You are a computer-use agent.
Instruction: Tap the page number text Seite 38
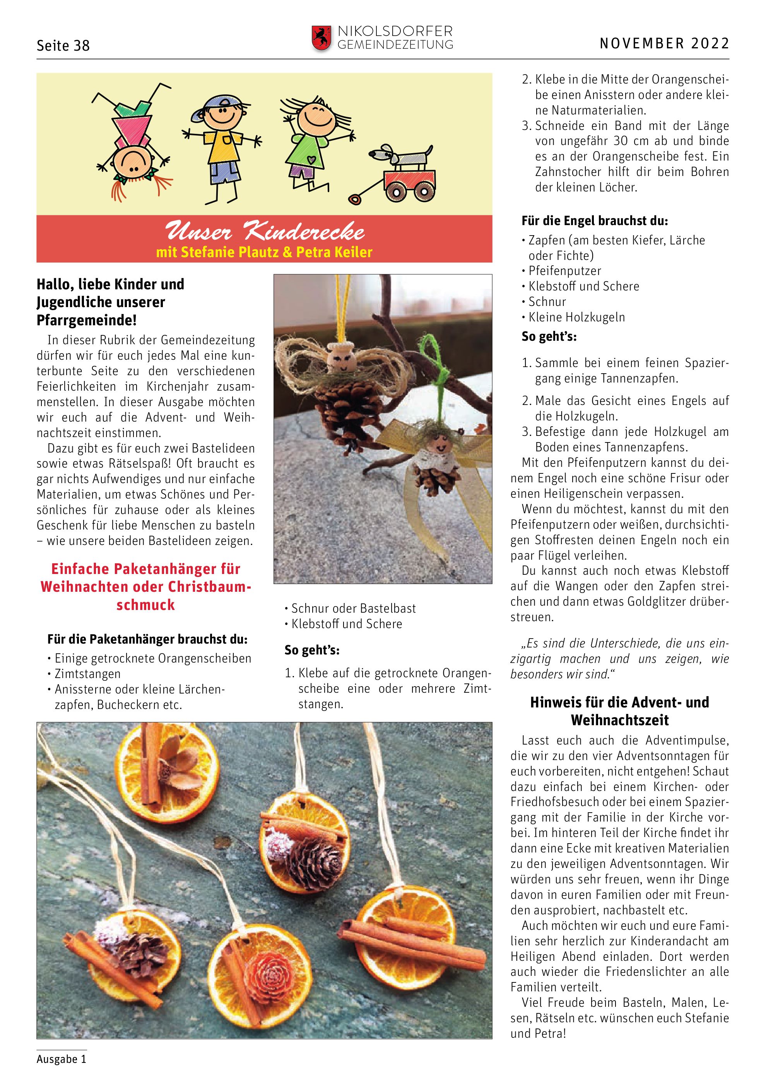[x=63, y=46]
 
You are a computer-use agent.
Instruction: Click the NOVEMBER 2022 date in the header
[x=664, y=44]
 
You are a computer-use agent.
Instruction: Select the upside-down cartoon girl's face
[x=133, y=162]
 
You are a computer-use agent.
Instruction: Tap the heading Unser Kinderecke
[x=264, y=232]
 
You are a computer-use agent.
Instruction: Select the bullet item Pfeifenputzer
[x=564, y=271]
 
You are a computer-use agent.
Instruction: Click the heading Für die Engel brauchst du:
[x=594, y=221]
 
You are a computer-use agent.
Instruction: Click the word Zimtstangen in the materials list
[x=88, y=673]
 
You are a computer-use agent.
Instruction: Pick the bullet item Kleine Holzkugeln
[x=576, y=317]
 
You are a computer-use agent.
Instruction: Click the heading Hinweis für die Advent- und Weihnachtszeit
[x=619, y=711]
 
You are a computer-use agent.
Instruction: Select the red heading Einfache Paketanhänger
[x=145, y=586]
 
